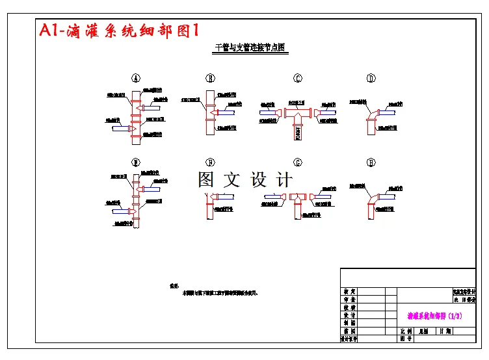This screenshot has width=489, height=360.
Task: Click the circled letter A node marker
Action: [x=137, y=78]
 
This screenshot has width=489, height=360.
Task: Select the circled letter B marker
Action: [x=211, y=78]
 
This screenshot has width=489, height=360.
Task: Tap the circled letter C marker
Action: [x=298, y=79]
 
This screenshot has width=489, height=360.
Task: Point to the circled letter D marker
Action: [x=371, y=79]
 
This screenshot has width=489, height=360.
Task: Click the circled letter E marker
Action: [x=137, y=162]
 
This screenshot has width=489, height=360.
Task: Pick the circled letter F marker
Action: [x=211, y=162]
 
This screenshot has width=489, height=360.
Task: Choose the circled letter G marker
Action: [x=298, y=162]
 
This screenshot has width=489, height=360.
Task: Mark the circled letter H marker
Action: [x=371, y=162]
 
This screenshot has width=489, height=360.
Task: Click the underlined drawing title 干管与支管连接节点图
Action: [x=251, y=48]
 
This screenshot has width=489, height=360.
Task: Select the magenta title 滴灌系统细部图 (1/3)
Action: [x=434, y=316]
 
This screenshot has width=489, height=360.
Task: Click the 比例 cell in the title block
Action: [x=406, y=331]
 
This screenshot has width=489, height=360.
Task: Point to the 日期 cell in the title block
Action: [x=445, y=331]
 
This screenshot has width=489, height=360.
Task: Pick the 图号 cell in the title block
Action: [x=406, y=339]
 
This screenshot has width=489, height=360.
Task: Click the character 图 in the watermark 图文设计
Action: [x=207, y=179]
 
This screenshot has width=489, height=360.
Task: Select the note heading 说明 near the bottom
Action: [x=174, y=286]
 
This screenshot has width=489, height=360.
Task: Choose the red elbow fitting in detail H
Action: [x=373, y=199]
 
